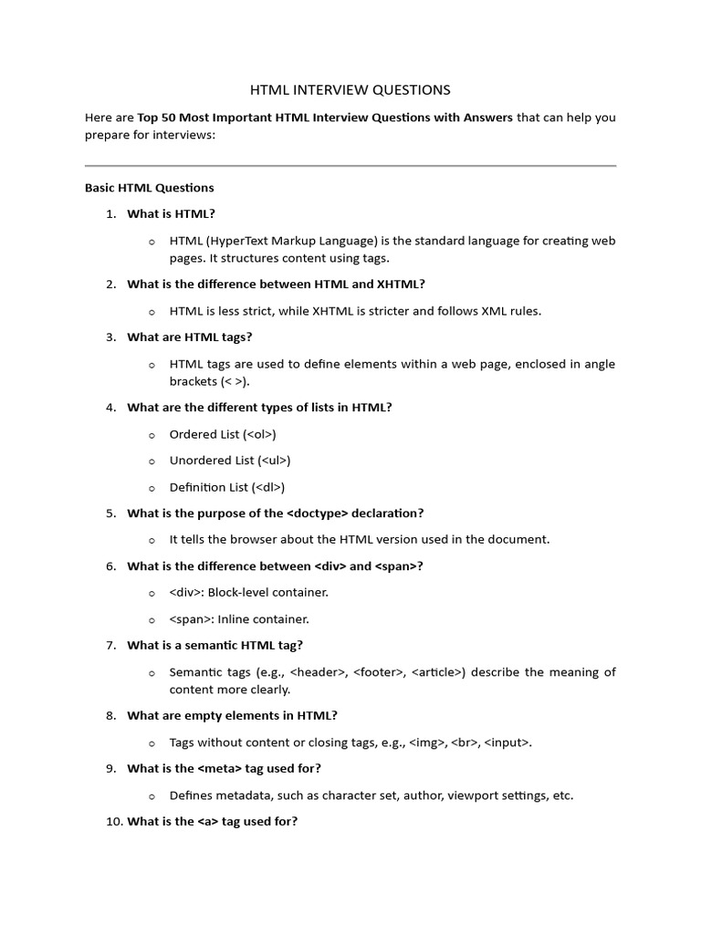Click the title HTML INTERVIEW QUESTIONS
pyautogui.click(x=350, y=89)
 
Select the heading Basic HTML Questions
pyautogui.click(x=150, y=188)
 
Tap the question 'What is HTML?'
pyautogui.click(x=172, y=213)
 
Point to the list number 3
pyautogui.click(x=110, y=337)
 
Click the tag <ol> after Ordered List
pyautogui.click(x=260, y=434)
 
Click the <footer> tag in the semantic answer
pyautogui.click(x=374, y=672)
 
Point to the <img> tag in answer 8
pyautogui.click(x=428, y=742)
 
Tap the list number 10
pyautogui.click(x=112, y=821)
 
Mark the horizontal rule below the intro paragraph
pyautogui.click(x=350, y=165)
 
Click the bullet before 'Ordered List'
pyautogui.click(x=152, y=435)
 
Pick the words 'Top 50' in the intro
pyautogui.click(x=157, y=118)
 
